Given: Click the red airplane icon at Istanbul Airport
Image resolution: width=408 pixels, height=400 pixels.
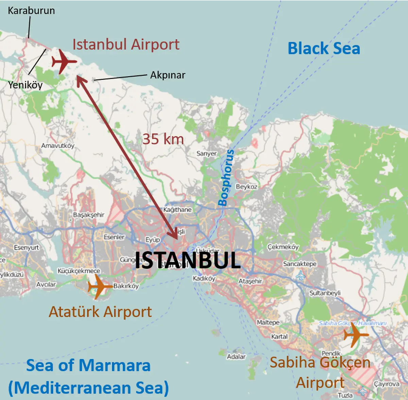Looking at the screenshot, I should (x=64, y=62).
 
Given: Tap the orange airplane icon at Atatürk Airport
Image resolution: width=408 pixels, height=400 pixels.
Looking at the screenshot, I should (x=99, y=286).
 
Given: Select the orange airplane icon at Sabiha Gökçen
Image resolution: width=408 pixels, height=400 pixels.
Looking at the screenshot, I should (x=355, y=335).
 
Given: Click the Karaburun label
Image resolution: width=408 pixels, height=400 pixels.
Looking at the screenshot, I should (x=31, y=11).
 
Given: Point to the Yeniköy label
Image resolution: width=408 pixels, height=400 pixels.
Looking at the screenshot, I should (x=25, y=85).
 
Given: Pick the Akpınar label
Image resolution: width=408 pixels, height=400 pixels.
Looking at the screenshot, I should (x=168, y=75).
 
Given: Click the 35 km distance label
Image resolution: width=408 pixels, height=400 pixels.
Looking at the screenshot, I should (x=163, y=139).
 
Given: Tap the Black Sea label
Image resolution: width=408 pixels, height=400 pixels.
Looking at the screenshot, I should (x=324, y=48).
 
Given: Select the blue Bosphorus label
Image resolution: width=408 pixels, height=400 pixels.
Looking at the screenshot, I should (x=226, y=178).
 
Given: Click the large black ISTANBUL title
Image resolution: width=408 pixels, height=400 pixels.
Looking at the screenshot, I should (x=188, y=261).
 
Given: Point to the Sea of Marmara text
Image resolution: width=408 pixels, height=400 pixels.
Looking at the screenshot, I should (x=88, y=366).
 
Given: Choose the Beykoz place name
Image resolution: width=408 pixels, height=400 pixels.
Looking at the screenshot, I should (x=247, y=187).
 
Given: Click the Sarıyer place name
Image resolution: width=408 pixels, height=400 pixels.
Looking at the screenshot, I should (x=206, y=154).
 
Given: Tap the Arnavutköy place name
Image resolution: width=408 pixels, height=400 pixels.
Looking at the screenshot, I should (x=57, y=146).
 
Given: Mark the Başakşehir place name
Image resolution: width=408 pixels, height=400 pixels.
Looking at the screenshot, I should (x=89, y=215).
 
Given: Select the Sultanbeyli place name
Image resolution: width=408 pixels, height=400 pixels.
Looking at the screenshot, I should (x=325, y=293).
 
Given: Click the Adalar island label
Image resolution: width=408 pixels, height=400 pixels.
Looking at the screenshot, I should (x=236, y=356).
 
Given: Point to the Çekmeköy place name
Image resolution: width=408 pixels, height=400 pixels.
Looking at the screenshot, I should (x=283, y=247).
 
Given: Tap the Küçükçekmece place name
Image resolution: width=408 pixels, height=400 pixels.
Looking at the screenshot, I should (x=79, y=271).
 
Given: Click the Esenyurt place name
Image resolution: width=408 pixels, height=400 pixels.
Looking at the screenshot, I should (x=27, y=247).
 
